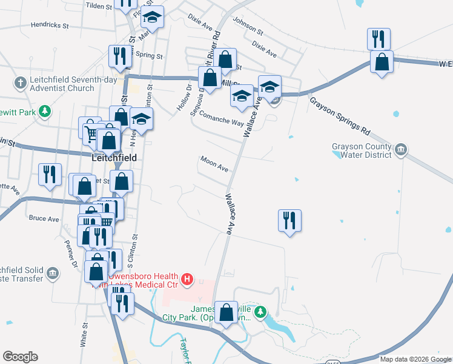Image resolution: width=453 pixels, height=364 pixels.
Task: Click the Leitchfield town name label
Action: click(x=113, y=157)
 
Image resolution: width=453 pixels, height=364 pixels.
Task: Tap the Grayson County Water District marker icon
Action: click(x=401, y=150)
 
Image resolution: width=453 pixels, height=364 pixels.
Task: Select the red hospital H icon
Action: click(x=188, y=279)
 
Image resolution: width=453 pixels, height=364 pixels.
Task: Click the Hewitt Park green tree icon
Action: click(x=44, y=111)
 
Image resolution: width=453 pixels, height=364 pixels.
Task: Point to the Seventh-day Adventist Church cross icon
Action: click(x=20, y=82)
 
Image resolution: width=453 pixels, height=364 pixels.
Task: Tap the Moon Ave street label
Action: click(x=214, y=164)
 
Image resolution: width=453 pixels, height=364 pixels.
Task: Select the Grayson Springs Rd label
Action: click(x=339, y=116)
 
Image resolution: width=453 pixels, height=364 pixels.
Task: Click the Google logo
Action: click(x=20, y=357)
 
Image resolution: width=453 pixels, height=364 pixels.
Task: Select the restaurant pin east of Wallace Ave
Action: click(x=290, y=220)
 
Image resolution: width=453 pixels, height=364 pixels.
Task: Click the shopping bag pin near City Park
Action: click(x=226, y=313)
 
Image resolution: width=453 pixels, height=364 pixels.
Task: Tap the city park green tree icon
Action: click(x=260, y=312)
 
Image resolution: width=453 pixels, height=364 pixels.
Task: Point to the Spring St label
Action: click(x=150, y=56)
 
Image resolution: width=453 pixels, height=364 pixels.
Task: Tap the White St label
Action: click(x=85, y=334)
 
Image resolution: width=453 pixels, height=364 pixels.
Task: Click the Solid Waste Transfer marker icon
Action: click(x=53, y=273)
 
